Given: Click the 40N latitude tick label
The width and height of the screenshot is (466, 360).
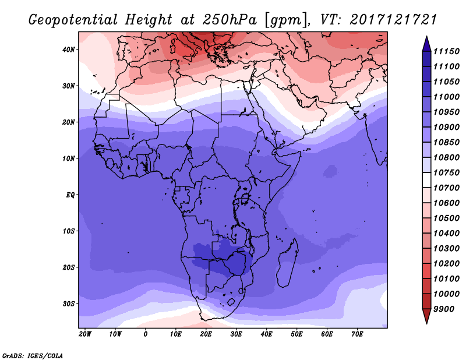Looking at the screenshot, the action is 69,50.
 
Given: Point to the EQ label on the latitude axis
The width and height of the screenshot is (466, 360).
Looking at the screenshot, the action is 70,195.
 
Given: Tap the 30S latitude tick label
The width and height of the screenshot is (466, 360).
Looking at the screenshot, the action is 69,304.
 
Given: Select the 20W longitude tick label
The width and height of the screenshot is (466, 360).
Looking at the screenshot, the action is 85,334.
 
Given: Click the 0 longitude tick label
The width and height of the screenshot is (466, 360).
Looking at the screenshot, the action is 145,334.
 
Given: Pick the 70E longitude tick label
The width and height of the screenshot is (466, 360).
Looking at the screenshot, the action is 357,334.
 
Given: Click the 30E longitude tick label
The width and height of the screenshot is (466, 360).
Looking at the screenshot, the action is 236,334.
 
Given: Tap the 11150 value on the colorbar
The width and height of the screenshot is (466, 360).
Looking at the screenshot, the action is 446,51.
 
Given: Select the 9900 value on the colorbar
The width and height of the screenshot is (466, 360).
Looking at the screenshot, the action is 444,309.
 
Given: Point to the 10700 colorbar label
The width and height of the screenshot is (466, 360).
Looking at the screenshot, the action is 446,188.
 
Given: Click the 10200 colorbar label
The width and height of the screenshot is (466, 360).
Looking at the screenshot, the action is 446,264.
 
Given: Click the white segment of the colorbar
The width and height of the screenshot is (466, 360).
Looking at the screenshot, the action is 426,180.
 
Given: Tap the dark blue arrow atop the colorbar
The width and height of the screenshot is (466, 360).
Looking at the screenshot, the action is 426,44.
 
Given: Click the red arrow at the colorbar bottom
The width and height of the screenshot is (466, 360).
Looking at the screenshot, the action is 426,316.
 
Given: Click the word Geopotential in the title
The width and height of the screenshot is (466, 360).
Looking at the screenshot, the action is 73,20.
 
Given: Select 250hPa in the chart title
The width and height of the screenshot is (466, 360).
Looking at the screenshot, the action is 230,19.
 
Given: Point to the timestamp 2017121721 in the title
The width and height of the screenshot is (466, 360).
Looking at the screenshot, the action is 393,19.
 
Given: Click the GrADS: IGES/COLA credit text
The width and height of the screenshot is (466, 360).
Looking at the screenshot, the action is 33,356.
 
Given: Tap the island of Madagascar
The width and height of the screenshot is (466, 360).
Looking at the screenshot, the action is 288,263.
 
